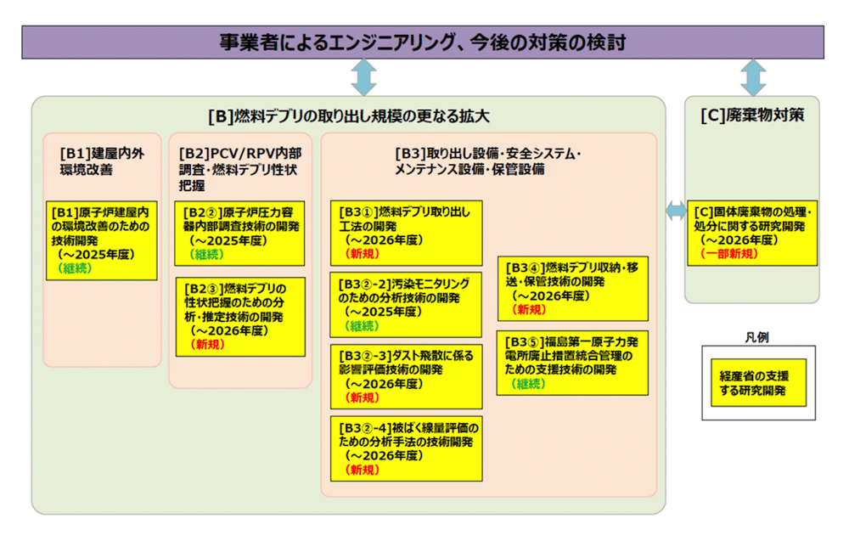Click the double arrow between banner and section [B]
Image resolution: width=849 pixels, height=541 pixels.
363,77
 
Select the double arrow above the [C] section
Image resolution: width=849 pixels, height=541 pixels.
752,77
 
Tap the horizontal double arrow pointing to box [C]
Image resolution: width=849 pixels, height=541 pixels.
676,212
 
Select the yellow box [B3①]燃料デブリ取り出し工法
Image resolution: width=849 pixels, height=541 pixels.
406,233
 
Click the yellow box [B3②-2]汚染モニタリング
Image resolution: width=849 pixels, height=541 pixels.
406,304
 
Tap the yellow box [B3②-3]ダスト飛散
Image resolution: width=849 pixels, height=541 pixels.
406,376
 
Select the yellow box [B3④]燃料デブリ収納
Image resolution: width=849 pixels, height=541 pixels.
572,288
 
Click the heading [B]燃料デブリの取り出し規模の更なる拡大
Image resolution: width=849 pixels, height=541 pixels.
349,116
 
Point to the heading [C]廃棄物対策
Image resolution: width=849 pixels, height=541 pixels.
752,116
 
